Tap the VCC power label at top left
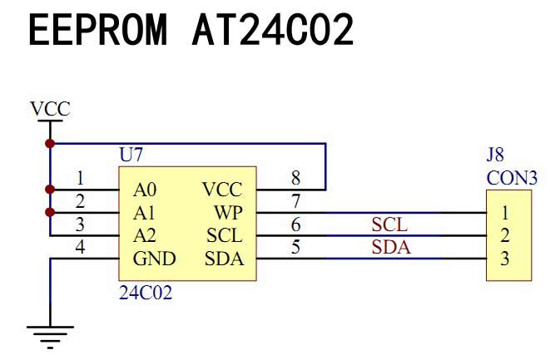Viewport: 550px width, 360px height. (50, 109)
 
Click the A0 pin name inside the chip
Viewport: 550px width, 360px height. (146, 189)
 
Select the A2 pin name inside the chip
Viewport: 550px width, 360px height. (146, 235)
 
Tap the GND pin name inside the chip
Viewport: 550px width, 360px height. (155, 259)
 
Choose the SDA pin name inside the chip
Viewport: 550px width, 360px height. (225, 259)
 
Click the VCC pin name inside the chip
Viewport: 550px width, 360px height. (223, 189)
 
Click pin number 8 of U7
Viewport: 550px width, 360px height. (295, 178)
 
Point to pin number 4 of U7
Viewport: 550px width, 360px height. (80, 248)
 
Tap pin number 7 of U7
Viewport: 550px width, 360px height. (295, 201)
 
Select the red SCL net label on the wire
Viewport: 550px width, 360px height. (391, 224)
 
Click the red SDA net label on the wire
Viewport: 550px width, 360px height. (391, 247)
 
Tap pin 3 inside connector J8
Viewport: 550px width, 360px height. (505, 259)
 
